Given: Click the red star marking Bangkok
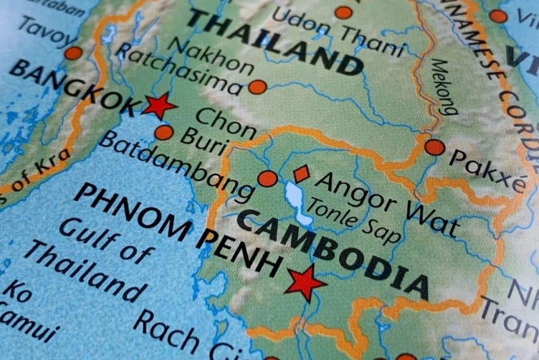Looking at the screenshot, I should click(159, 106).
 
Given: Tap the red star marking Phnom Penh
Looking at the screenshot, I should click(305, 282).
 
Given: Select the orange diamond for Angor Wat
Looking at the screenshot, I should click(301, 174).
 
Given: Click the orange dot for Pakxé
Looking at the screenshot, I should click(435, 147).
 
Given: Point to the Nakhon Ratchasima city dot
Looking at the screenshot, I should click(257, 87).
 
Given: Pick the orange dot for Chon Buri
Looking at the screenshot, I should click(163, 132).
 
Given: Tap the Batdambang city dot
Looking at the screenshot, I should click(268, 178).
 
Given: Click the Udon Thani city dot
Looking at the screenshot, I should click(344, 12).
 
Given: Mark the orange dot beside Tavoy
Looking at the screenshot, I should click(73, 53).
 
